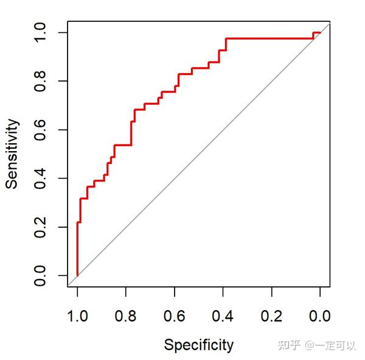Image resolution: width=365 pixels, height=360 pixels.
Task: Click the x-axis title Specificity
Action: click(x=198, y=345)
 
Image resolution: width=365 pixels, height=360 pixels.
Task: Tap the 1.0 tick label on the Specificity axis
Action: click(x=77, y=316)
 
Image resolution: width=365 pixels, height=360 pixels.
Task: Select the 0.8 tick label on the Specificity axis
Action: click(x=126, y=316)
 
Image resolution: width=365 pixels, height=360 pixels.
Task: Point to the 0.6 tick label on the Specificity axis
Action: click(x=175, y=316)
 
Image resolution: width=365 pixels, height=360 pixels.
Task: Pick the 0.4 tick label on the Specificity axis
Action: click(x=223, y=316)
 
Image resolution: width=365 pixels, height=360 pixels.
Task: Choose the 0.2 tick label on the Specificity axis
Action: click(x=272, y=316)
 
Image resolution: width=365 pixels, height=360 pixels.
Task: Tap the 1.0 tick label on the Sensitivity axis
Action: click(x=41, y=32)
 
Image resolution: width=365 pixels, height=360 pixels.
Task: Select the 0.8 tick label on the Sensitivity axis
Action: click(x=41, y=81)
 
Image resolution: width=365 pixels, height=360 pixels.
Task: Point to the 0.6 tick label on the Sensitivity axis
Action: click(x=41, y=130)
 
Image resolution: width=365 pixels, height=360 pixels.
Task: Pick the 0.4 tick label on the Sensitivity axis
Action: click(x=41, y=178)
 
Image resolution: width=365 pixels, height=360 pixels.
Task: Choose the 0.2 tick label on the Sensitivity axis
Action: click(x=41, y=227)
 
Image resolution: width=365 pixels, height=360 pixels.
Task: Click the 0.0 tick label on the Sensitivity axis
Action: click(x=41, y=275)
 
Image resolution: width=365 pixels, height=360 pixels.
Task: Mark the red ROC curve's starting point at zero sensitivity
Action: click(x=77, y=275)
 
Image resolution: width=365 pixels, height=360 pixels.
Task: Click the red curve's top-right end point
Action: click(x=320, y=32)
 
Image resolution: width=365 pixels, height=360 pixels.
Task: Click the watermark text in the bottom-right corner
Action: click(x=316, y=346)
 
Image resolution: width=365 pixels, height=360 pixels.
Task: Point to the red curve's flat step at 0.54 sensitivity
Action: click(x=122, y=145)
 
